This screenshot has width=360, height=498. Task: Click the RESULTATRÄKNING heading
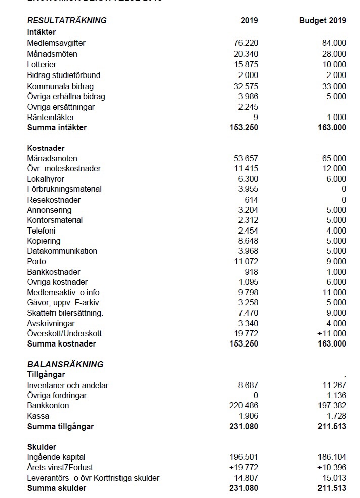(x=67, y=21)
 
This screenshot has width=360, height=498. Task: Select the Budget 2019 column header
(x=323, y=21)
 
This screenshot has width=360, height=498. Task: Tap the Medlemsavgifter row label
(x=56, y=43)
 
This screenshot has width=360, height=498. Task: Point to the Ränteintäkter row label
(x=51, y=117)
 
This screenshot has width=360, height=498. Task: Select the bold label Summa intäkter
(x=57, y=128)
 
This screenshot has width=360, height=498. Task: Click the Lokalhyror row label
(x=46, y=179)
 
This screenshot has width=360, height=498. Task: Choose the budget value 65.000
(x=334, y=159)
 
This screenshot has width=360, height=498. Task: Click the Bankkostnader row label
(x=54, y=272)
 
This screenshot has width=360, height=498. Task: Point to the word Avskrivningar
(x=52, y=323)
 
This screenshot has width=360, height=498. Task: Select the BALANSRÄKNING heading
(x=65, y=364)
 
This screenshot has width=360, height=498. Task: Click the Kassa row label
(x=38, y=416)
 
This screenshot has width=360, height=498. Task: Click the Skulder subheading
(x=42, y=447)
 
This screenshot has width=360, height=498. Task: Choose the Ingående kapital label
(x=56, y=457)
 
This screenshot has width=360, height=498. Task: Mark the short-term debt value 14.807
(x=246, y=478)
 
